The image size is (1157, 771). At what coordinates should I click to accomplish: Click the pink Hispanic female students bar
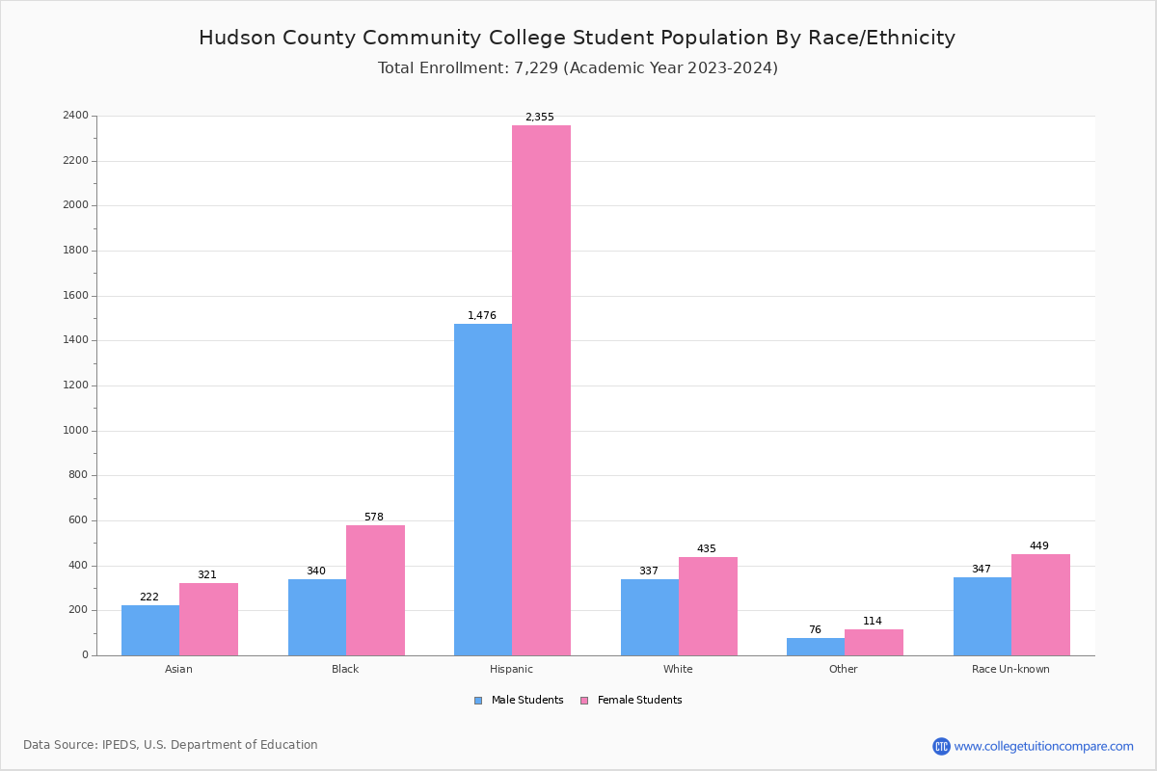pyautogui.click(x=541, y=390)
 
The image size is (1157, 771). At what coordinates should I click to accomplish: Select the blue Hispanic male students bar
pyautogui.click(x=483, y=490)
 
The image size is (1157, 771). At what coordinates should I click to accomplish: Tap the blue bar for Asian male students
pyautogui.click(x=150, y=630)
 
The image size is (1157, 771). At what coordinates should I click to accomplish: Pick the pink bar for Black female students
pyautogui.click(x=375, y=590)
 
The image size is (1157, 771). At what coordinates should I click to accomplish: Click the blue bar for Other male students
pyautogui.click(x=816, y=647)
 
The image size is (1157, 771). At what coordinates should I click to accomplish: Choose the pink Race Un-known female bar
pyautogui.click(x=1040, y=604)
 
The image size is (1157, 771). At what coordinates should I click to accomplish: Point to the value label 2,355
pyautogui.click(x=540, y=118)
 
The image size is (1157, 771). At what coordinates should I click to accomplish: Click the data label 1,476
pyautogui.click(x=482, y=316)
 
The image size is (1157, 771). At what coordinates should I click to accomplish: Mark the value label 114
pyautogui.click(x=873, y=622)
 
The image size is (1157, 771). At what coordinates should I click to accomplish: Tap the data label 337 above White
pyautogui.click(x=649, y=572)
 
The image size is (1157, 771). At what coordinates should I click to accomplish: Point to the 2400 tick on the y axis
pyautogui.click(x=75, y=116)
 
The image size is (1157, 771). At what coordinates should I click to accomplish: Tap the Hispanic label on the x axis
pyautogui.click(x=511, y=669)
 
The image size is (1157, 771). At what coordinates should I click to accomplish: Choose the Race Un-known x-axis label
pyautogui.click(x=1010, y=669)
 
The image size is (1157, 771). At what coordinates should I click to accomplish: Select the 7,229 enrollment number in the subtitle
pyautogui.click(x=535, y=68)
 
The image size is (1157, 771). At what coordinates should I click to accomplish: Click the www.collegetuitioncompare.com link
pyautogui.click(x=1043, y=746)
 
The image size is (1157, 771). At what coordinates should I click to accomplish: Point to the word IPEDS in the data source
pyautogui.click(x=120, y=745)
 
